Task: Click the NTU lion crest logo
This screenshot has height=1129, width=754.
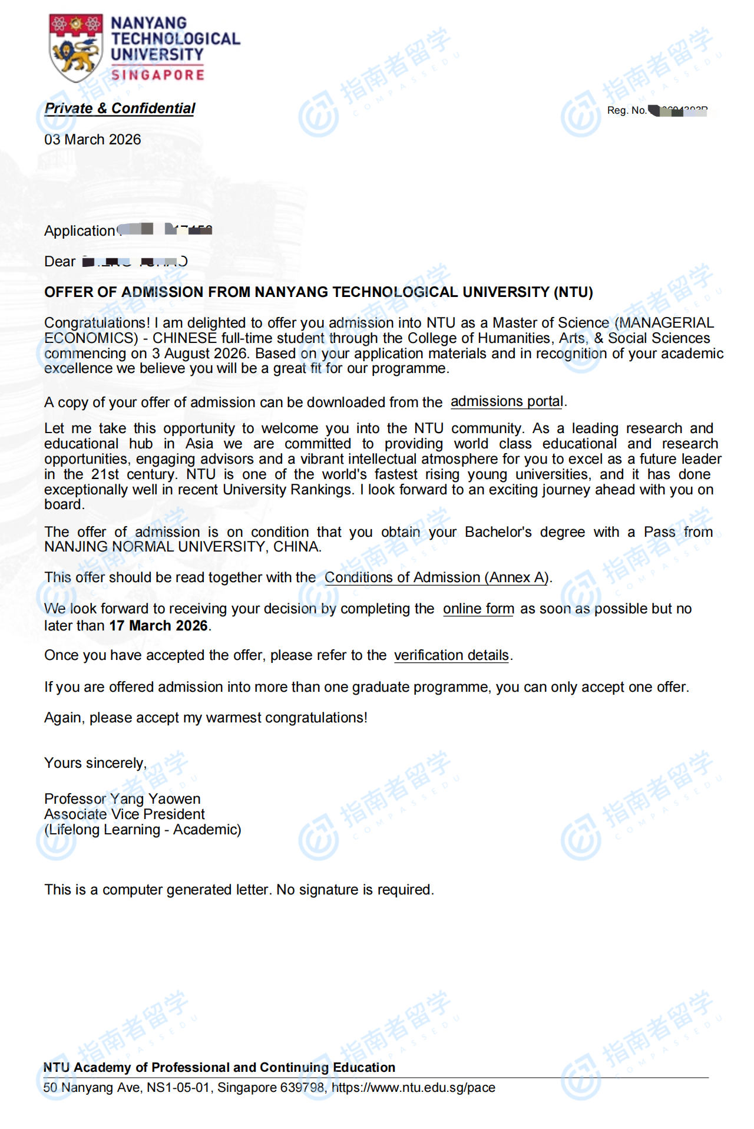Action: [x=75, y=48]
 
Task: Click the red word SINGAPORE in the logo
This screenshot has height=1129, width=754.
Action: [x=158, y=75]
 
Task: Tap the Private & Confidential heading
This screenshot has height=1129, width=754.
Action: [x=120, y=108]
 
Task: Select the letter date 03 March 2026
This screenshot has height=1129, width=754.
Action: [x=92, y=140]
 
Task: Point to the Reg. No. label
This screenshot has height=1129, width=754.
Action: [x=626, y=110]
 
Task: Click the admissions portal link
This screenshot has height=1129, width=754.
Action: [x=507, y=402]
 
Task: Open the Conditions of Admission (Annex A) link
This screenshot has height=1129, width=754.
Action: [x=436, y=577]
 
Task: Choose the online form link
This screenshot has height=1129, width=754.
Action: [x=478, y=609]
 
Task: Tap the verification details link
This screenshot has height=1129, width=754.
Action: [x=451, y=655]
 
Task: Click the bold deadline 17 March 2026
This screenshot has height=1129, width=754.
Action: [x=158, y=626]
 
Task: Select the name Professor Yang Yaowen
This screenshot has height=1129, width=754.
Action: [x=122, y=799]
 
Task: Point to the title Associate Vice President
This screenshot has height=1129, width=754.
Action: [x=124, y=814]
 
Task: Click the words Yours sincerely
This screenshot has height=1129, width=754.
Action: [x=95, y=763]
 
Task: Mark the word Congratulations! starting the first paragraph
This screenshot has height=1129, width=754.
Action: [x=97, y=323]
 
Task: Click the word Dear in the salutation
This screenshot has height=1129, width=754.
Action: [x=59, y=262]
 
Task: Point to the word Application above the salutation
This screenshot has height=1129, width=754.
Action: [x=80, y=231]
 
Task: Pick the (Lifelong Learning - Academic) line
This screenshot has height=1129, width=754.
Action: [x=143, y=830]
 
